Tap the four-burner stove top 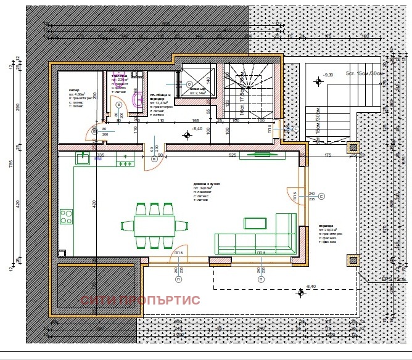(x=66, y=217)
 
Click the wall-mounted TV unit (x=262, y=155)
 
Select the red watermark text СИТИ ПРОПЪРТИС (x=141, y=300)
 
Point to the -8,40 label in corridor (x=197, y=128)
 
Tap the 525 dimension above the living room (x=234, y=155)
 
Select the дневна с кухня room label (x=207, y=184)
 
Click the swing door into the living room (x=151, y=160)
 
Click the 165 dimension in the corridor (x=194, y=120)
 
